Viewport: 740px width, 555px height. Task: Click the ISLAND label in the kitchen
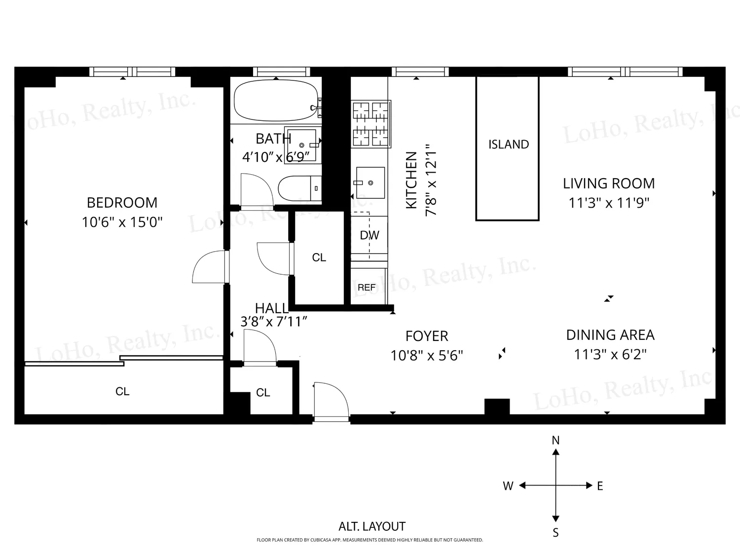(509, 144)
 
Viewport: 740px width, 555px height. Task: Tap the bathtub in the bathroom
(276, 100)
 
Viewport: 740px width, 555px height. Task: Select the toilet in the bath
(300, 188)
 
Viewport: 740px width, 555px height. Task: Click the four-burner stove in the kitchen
(371, 124)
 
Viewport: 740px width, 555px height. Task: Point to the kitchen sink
(370, 183)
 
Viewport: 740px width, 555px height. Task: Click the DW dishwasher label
(370, 235)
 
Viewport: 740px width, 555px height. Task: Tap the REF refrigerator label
(367, 288)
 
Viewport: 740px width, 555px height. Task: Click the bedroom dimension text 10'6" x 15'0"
(122, 222)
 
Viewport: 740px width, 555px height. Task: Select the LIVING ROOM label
(609, 184)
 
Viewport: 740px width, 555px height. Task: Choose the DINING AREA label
(610, 335)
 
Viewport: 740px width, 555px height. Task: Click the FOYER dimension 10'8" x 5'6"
(427, 356)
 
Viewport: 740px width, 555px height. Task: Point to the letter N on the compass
(555, 440)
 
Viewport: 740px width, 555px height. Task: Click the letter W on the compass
(508, 486)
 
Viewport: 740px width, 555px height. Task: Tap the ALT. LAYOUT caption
(372, 526)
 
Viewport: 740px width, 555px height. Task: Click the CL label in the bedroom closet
(122, 391)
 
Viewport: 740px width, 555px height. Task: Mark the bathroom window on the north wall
(282, 72)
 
